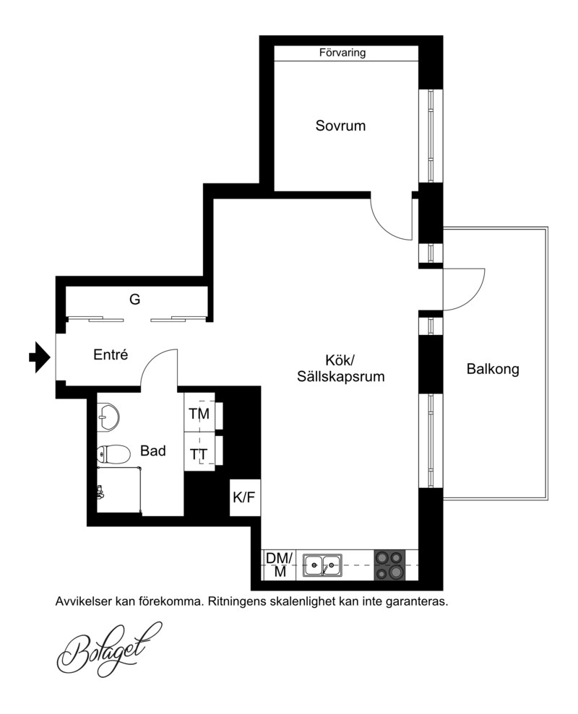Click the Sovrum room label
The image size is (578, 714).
(x=340, y=126)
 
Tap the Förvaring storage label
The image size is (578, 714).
(x=342, y=53)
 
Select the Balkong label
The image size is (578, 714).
(x=493, y=369)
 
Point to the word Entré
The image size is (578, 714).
(x=111, y=354)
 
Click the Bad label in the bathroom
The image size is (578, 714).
(x=152, y=450)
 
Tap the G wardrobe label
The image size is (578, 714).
(x=134, y=300)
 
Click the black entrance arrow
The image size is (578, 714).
(x=40, y=357)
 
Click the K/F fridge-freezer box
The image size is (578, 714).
(x=245, y=497)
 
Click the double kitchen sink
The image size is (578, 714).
(x=323, y=565)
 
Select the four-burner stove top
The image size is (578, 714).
(x=389, y=565)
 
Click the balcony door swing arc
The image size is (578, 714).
(x=474, y=299)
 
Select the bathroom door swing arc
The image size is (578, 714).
(x=151, y=360)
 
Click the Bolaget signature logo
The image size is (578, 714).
(x=108, y=650)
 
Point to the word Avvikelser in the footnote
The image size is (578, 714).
(x=84, y=601)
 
